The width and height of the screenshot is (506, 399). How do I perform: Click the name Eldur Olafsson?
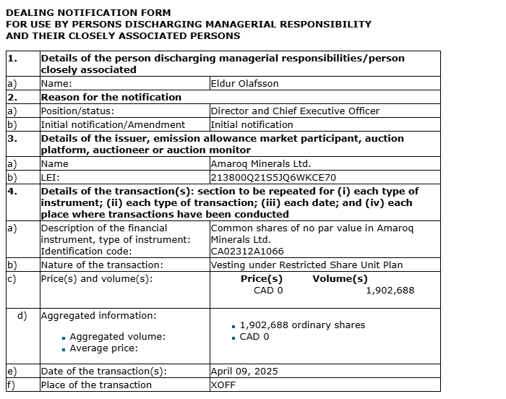coord(244,84)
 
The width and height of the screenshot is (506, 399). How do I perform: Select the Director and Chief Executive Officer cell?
coord(294,111)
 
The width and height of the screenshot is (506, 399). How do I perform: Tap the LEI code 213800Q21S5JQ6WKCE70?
coord(273,177)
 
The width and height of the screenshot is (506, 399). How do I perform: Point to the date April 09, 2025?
coord(244,372)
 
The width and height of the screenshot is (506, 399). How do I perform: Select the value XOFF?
coord(223,385)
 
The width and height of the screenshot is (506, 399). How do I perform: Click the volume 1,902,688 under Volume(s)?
coord(390,291)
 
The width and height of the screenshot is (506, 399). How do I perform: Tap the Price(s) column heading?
coord(261,279)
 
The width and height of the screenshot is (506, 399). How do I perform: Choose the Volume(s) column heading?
coord(340,279)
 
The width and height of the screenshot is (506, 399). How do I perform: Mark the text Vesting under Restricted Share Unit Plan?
coord(306,265)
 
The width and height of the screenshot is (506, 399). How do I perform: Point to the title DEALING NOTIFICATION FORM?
coord(88,12)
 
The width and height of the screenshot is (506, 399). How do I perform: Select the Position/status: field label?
coord(78,111)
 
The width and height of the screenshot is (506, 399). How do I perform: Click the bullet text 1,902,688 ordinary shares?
coord(302,325)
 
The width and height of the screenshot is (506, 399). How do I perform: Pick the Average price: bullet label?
coord(103,348)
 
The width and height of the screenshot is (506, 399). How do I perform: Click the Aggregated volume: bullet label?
coord(117,337)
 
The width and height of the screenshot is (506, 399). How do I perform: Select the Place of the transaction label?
coord(96,385)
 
